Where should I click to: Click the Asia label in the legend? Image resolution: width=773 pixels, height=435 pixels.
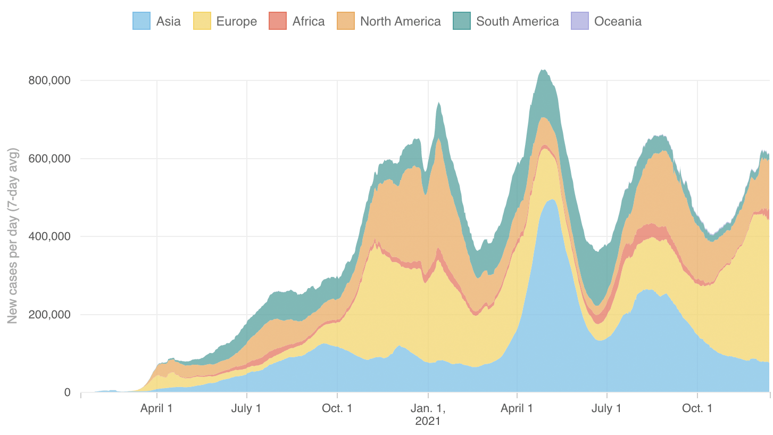(x=168, y=21)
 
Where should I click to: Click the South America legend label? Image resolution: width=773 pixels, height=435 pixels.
(x=517, y=21)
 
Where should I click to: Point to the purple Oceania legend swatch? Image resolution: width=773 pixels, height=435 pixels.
(x=579, y=21)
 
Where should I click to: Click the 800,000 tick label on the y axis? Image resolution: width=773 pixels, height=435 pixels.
(x=49, y=80)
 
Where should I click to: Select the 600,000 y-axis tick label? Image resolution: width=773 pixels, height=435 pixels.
(x=49, y=159)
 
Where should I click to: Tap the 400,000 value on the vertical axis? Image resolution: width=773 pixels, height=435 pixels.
(x=49, y=236)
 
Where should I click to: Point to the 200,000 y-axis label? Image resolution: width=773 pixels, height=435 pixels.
(x=49, y=315)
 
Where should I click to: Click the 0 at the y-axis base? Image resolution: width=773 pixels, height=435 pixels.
(x=67, y=392)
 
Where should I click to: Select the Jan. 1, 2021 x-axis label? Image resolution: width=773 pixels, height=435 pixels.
(x=428, y=414)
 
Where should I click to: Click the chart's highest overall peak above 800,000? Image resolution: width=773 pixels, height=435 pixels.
(x=543, y=70)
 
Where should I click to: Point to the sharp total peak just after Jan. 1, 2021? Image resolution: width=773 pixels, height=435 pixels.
(x=438, y=103)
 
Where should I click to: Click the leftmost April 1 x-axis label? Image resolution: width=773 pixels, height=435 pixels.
(x=156, y=408)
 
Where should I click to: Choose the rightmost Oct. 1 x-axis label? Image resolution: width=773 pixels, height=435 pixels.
(x=697, y=408)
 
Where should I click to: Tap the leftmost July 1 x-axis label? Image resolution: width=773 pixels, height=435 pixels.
(x=247, y=408)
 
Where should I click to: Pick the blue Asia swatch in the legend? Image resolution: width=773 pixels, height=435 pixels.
(x=142, y=21)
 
